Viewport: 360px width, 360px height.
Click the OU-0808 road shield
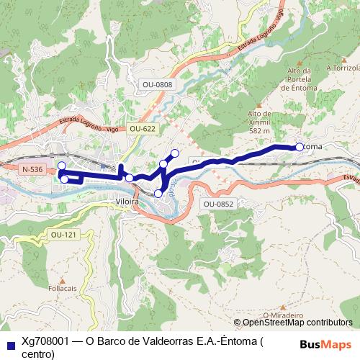point(157,85)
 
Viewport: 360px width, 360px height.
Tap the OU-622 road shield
point(142,129)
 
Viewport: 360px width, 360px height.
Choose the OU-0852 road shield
point(219,204)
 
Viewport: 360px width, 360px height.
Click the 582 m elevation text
point(259,131)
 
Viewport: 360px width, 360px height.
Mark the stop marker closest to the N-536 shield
point(62,167)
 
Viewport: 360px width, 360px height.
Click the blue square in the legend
point(10,344)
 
